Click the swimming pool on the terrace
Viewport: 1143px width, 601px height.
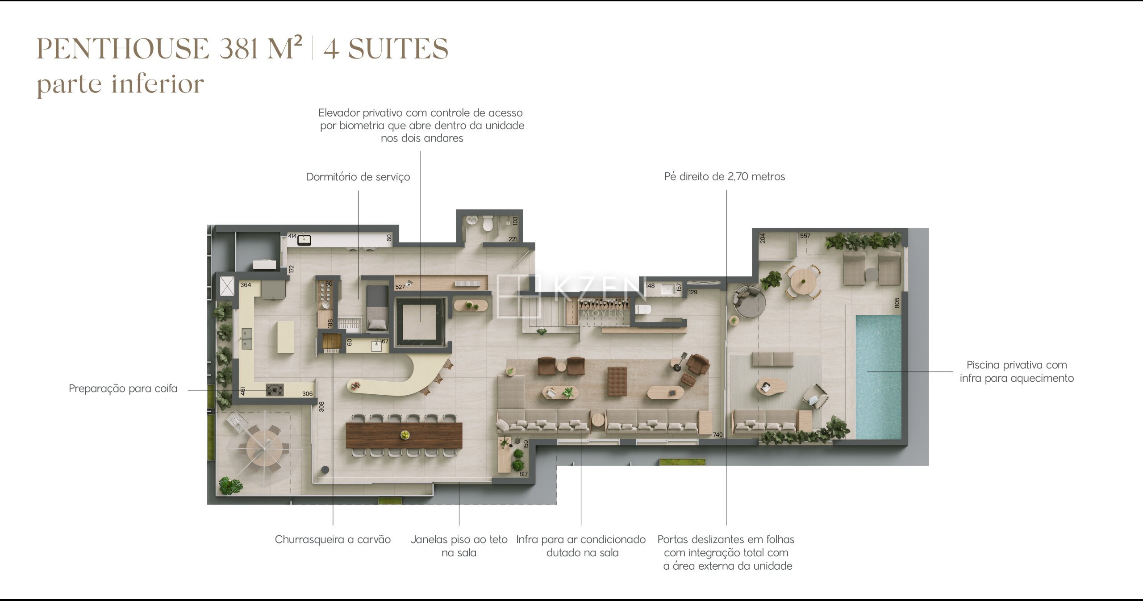coord(878,377)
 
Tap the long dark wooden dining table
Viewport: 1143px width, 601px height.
coord(404,435)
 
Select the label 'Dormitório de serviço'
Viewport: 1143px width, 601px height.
coord(358,177)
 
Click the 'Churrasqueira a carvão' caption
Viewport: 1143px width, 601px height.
coord(333,539)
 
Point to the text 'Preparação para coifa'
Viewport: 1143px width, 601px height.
coord(123,388)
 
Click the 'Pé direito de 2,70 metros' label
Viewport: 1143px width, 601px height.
coord(725,176)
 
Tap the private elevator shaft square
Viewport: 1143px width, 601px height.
coord(420,321)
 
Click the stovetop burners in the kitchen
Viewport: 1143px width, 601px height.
coord(275,390)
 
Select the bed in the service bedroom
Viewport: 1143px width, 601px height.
coord(377,308)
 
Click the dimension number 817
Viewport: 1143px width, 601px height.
coord(524,474)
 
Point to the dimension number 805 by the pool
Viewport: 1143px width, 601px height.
coord(897,303)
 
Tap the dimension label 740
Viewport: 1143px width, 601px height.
coord(718,434)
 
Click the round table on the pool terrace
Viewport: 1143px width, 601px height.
coord(803,281)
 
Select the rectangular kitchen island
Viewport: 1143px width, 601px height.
coord(286,337)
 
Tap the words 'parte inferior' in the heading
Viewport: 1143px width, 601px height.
coord(120,84)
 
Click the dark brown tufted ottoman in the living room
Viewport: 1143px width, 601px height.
coord(617,381)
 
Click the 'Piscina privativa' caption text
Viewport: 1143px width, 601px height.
coord(1017,365)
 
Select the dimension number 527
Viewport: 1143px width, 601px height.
coord(400,287)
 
